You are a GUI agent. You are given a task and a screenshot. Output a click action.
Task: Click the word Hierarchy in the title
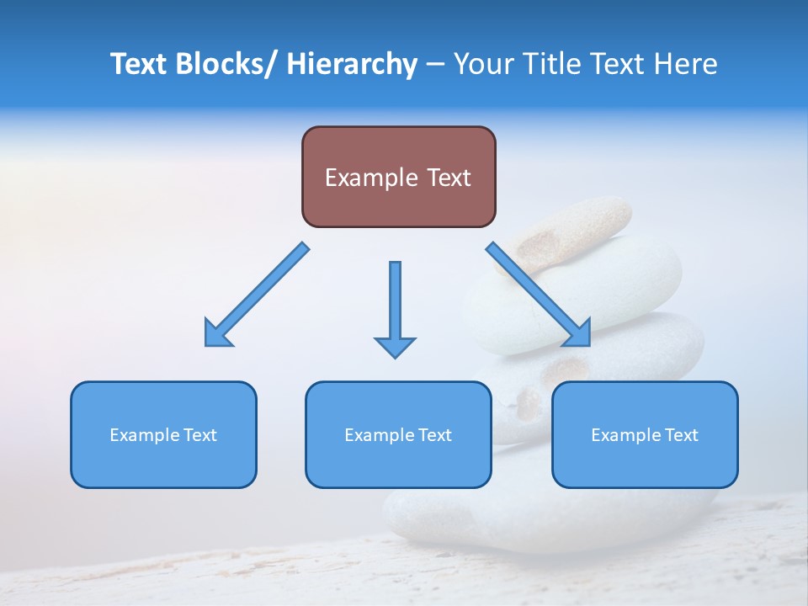click(x=352, y=64)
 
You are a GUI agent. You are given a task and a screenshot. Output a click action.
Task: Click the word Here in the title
click(x=685, y=64)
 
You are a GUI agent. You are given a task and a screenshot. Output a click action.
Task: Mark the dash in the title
click(x=434, y=65)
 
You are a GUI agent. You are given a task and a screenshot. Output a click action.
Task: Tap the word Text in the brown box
click(x=447, y=178)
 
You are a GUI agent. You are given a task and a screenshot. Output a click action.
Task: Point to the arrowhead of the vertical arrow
click(x=395, y=346)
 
